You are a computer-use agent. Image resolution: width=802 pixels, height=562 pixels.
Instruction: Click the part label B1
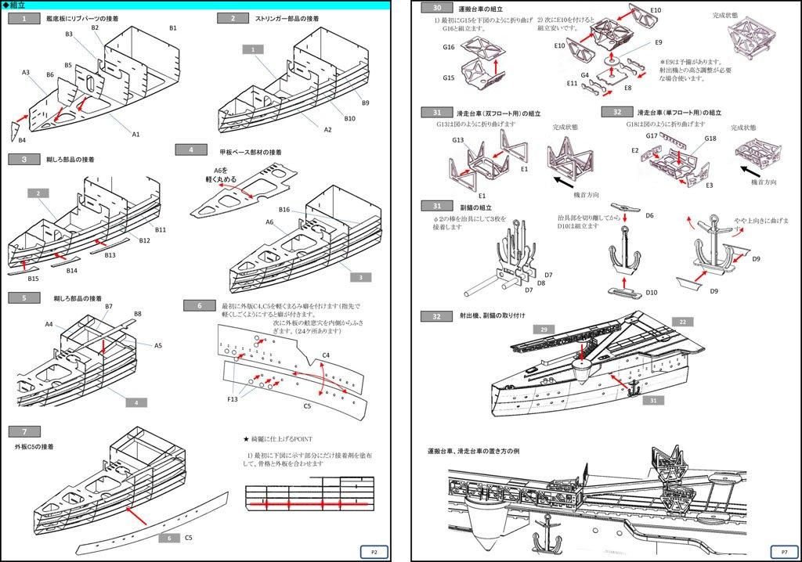point(173,28)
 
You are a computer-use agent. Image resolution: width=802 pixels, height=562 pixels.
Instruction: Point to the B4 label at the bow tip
point(22,140)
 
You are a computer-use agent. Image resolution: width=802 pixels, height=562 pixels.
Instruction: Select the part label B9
point(365,103)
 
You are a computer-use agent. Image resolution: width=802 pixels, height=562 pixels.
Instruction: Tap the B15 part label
point(33,279)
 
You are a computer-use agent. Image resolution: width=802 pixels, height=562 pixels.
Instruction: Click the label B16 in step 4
point(284,210)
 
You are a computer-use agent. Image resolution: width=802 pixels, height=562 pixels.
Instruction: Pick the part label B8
point(137,313)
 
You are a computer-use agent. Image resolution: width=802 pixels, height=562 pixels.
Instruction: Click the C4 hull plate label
point(326,355)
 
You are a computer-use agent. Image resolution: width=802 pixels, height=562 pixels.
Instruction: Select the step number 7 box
point(26,431)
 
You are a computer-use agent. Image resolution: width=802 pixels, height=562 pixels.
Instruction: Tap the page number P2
point(374,551)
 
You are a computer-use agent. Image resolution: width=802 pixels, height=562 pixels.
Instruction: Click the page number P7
point(774,551)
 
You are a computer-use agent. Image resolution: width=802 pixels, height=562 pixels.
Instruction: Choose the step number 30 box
point(436,7)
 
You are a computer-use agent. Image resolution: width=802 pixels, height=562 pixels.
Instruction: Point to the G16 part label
point(448,47)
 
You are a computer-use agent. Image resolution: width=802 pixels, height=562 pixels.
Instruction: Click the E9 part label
point(659,41)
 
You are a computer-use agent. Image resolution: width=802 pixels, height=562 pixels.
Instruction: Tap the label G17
point(652,135)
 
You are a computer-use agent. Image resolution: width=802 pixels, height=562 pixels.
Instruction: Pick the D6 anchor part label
point(649,215)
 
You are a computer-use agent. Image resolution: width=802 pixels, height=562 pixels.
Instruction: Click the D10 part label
point(652,293)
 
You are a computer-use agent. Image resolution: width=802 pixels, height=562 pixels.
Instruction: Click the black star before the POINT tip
point(246,440)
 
